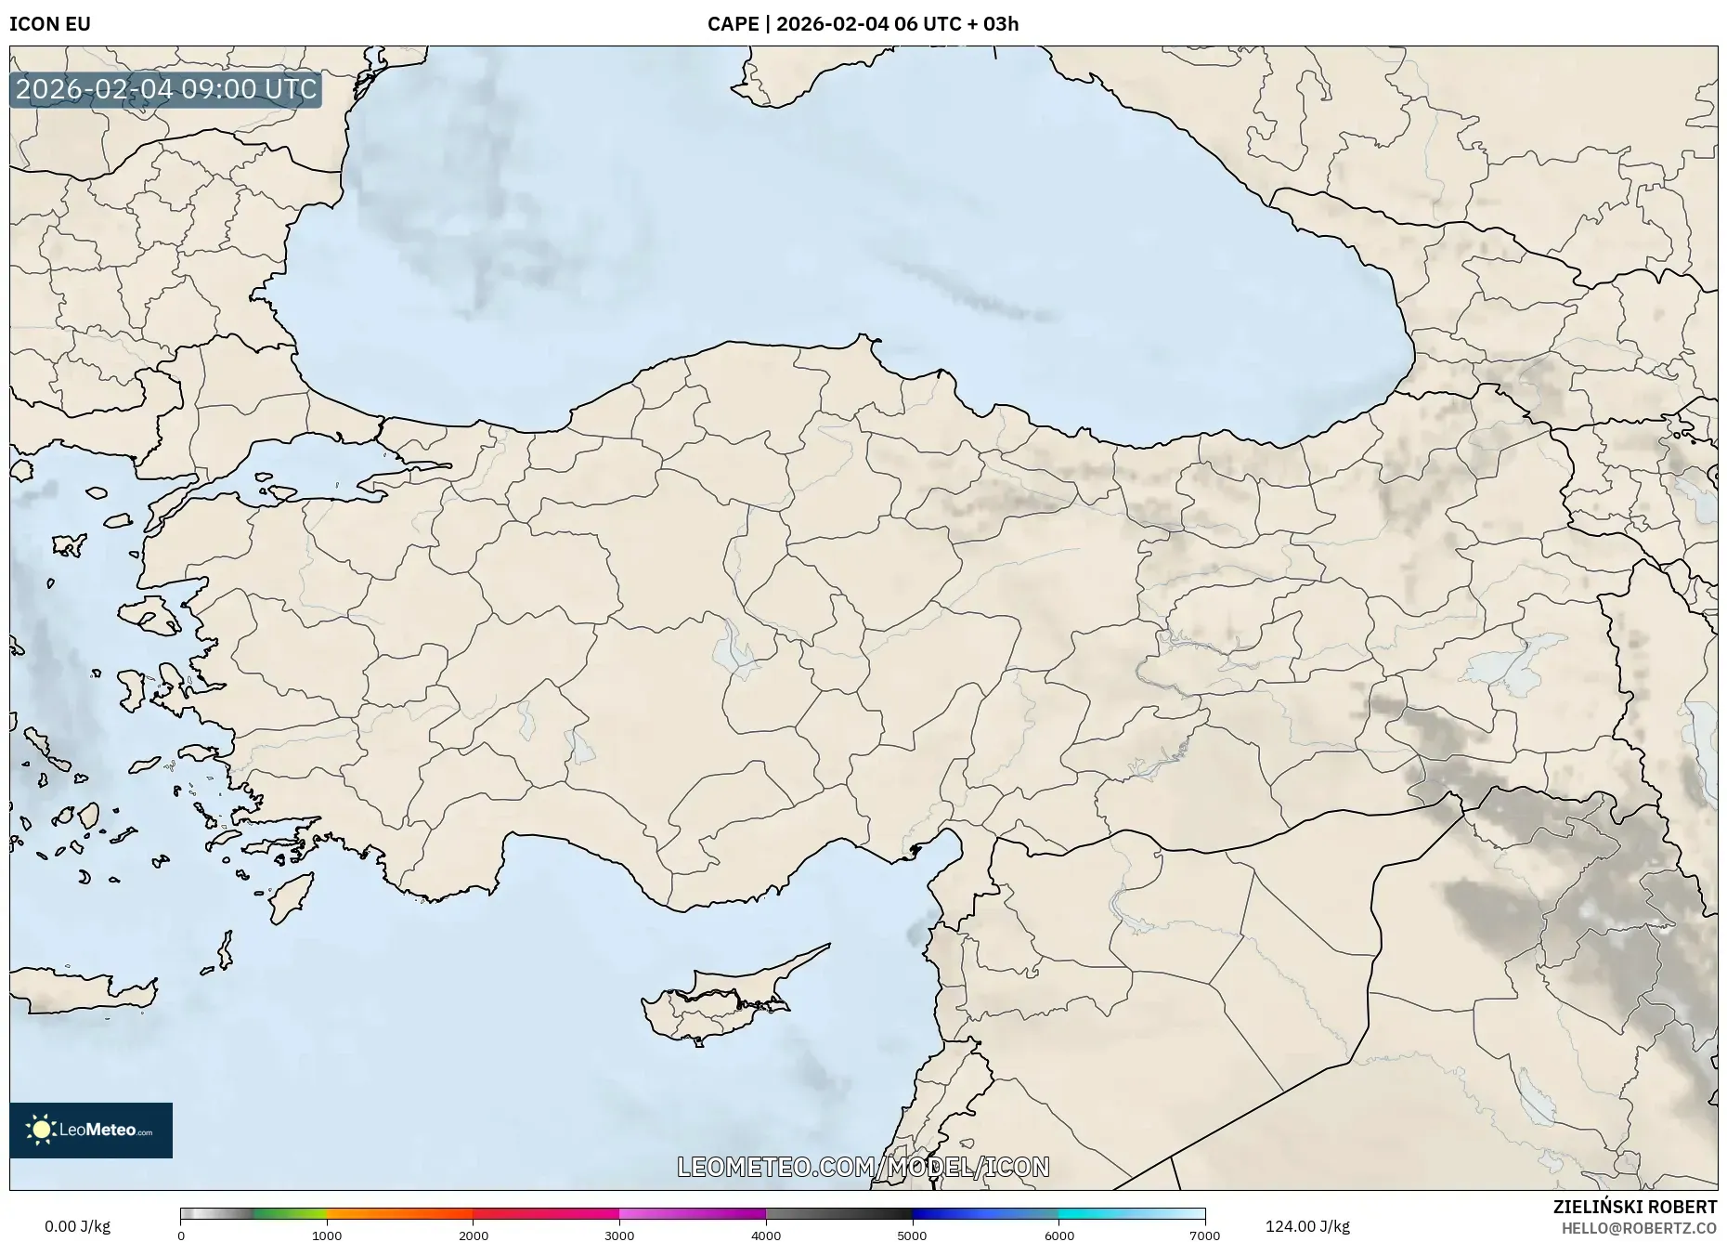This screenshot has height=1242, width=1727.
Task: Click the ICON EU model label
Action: [x=50, y=24]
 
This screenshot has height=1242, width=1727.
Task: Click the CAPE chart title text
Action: [x=863, y=24]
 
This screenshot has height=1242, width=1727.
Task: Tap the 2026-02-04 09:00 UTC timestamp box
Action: [x=166, y=89]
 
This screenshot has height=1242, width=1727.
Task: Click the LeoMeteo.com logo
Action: [x=91, y=1130]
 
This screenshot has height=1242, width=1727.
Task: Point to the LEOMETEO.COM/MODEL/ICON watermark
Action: [x=863, y=1167]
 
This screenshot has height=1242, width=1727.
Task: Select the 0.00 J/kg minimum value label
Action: [x=77, y=1226]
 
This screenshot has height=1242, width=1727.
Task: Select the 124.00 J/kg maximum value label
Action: [x=1307, y=1226]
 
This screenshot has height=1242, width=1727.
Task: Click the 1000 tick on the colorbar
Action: [x=327, y=1235]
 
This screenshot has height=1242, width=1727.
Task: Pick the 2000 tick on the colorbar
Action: [x=474, y=1235]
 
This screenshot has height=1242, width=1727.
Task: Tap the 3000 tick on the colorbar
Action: [x=619, y=1235]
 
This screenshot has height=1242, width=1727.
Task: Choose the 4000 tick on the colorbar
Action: [x=766, y=1235]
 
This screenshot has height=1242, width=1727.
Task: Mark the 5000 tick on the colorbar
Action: [x=912, y=1235]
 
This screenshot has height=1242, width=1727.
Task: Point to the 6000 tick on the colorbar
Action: [x=1058, y=1235]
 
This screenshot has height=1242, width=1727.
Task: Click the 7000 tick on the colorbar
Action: [x=1204, y=1235]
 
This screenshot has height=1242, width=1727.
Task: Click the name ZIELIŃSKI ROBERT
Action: [x=1635, y=1207]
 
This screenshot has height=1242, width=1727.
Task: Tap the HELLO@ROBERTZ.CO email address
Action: [x=1639, y=1228]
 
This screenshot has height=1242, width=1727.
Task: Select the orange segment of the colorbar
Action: [x=399, y=1213]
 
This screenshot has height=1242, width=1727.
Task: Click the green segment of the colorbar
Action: [x=288, y=1213]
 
